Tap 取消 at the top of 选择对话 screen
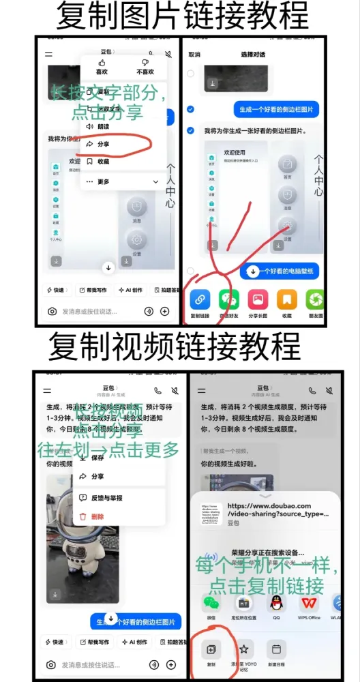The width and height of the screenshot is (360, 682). tap(194, 55)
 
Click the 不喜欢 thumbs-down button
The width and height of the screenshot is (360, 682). tap(145, 67)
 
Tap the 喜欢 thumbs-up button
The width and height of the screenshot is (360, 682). tap(101, 67)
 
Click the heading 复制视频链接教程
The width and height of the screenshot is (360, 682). tap(174, 346)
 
